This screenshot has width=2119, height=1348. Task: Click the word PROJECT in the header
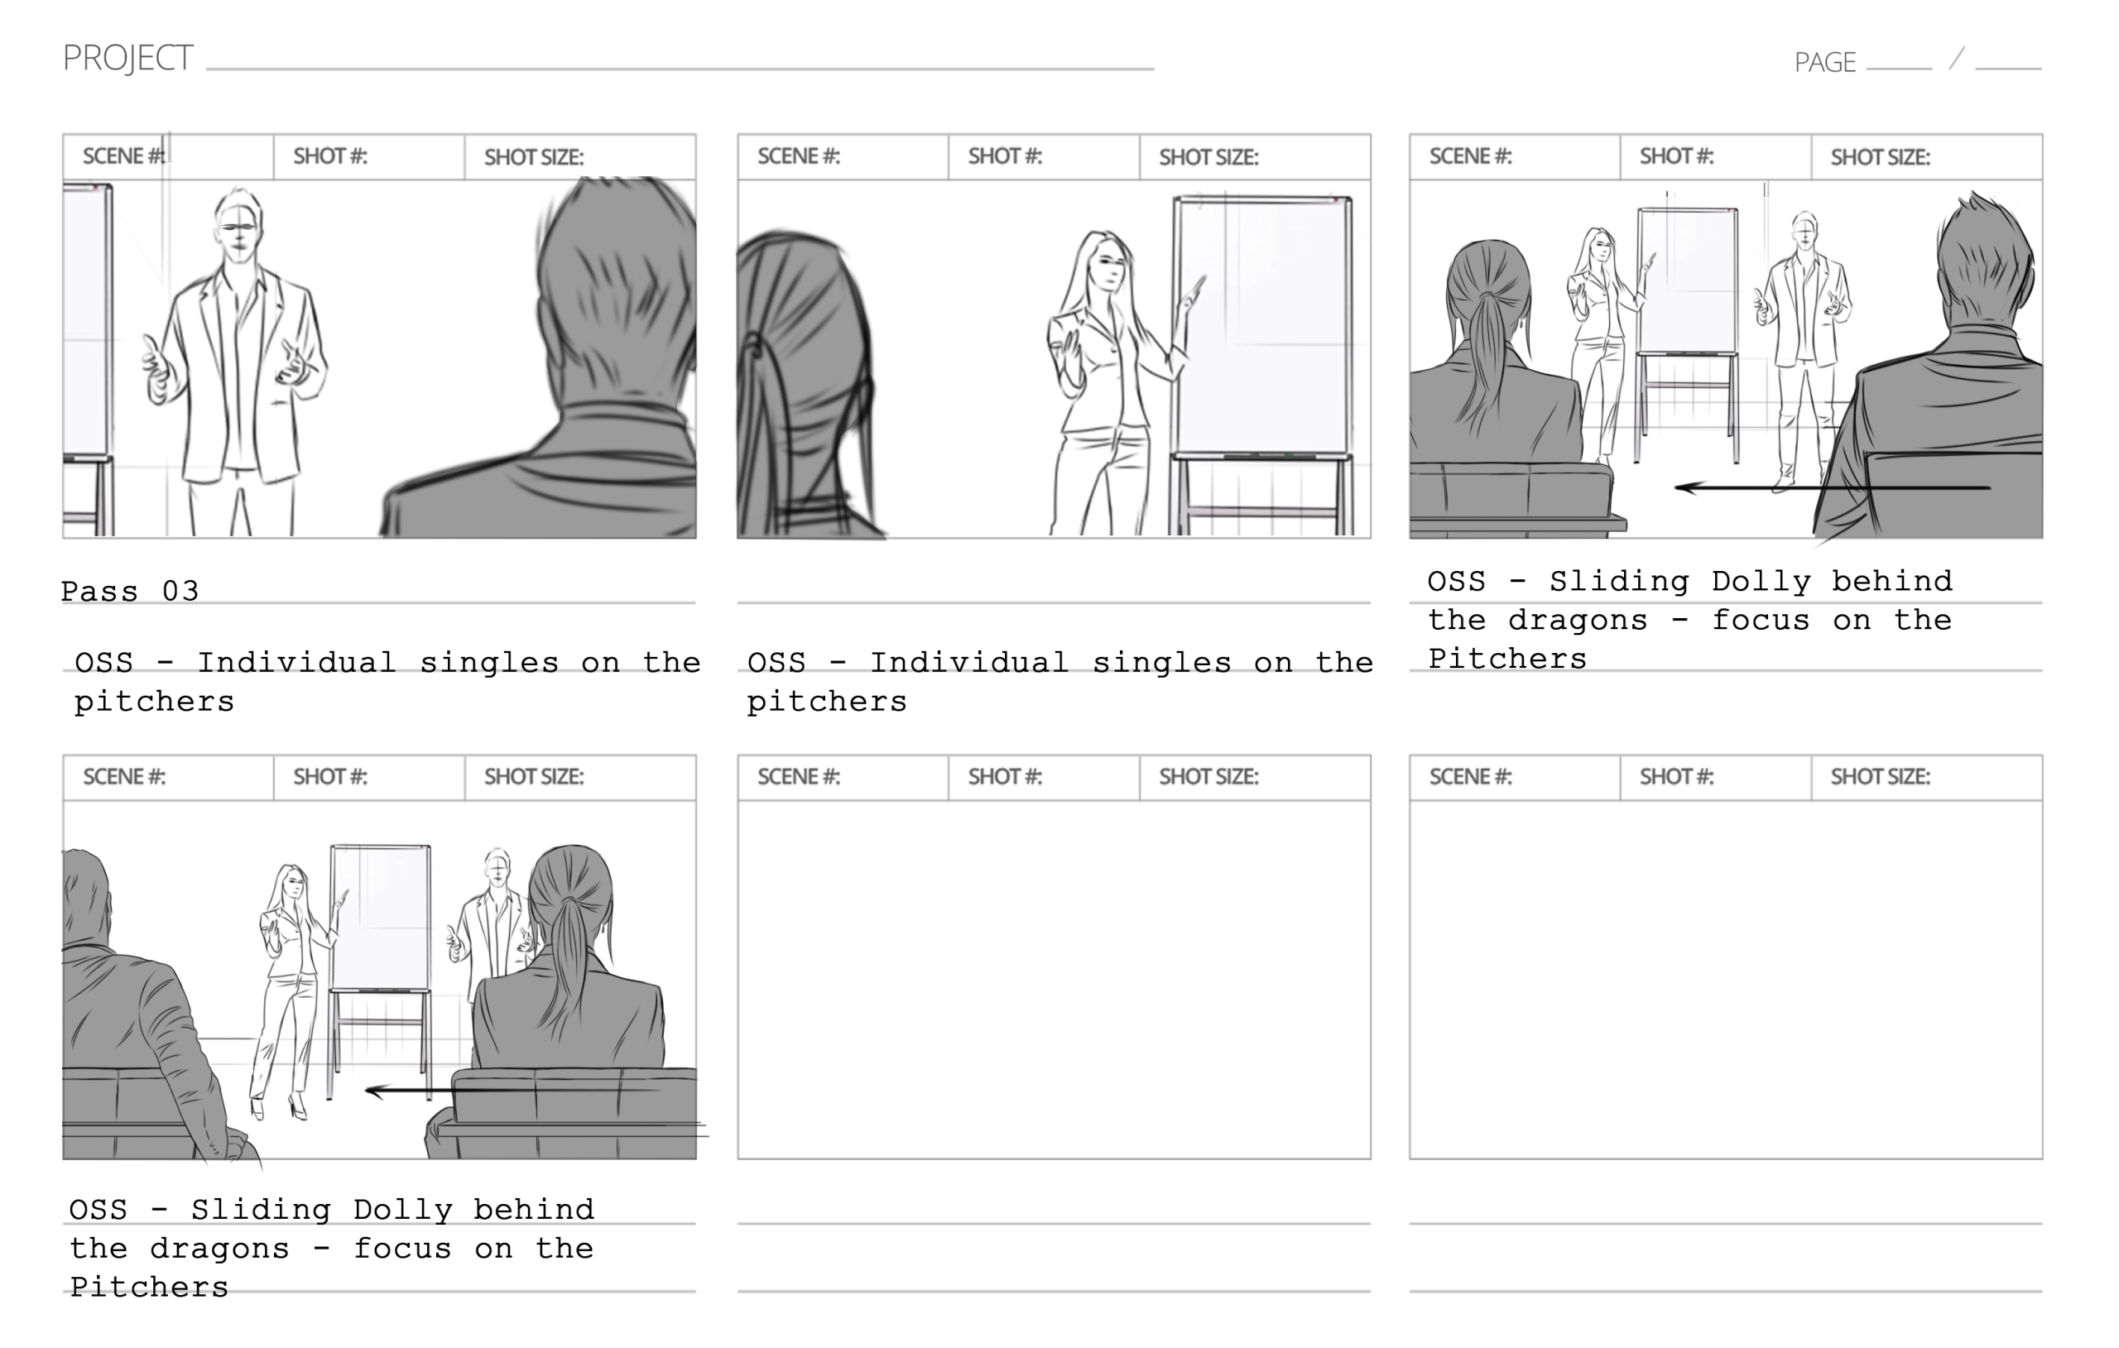(127, 58)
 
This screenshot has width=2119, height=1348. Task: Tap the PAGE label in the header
(1825, 62)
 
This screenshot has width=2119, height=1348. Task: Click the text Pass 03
(130, 590)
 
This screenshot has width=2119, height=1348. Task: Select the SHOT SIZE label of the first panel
(533, 157)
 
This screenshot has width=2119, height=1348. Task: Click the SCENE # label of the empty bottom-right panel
(1470, 777)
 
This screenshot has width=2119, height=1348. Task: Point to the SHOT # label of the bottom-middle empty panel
(1005, 777)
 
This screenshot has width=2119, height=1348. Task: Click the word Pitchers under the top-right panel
(1507, 659)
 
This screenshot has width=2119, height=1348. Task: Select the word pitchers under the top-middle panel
(826, 703)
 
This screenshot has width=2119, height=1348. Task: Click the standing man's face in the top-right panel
(1804, 234)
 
